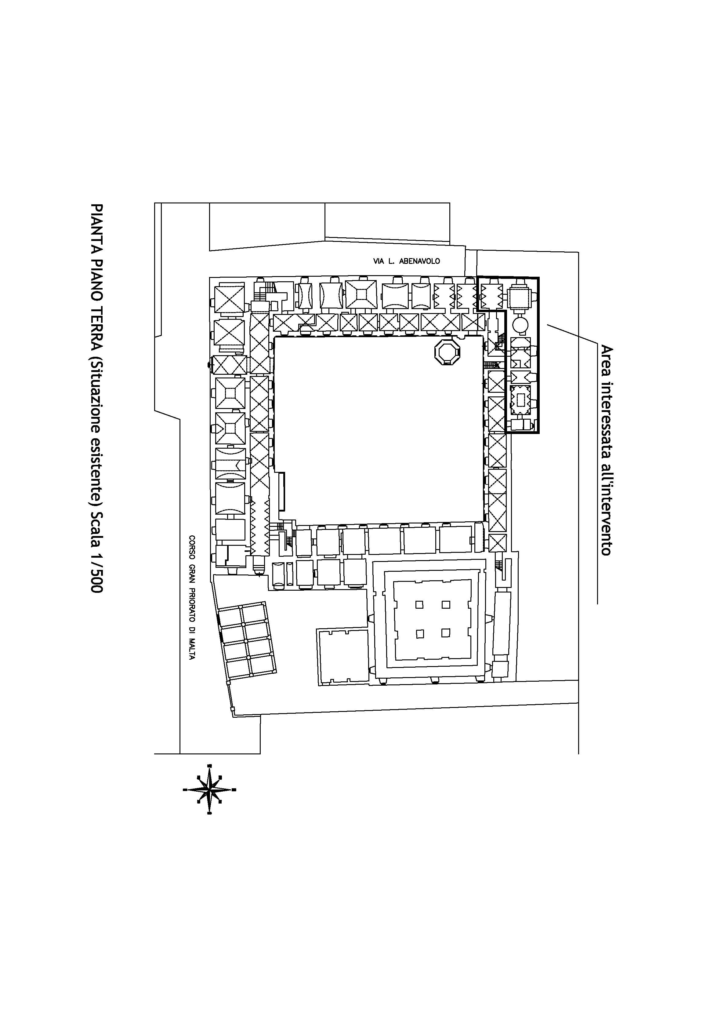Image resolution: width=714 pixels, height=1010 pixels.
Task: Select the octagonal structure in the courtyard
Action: point(448,352)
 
